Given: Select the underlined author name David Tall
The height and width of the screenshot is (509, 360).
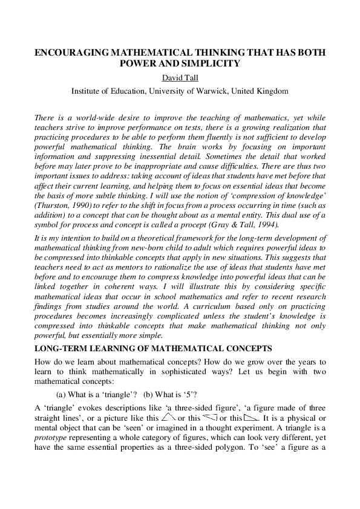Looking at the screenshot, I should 180,78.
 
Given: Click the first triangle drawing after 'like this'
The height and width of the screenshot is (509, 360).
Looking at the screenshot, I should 169,417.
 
